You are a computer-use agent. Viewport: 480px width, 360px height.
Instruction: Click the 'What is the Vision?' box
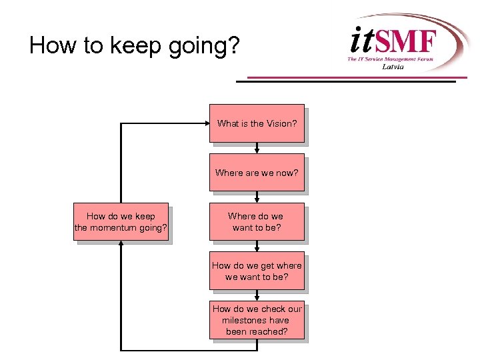pos(257,123)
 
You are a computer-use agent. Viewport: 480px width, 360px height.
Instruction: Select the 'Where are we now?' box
pos(257,173)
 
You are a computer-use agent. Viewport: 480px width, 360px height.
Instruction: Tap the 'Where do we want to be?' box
pos(257,222)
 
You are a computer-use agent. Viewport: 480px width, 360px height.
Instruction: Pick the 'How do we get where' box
pos(257,271)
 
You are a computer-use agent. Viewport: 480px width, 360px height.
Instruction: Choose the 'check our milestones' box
pos(257,320)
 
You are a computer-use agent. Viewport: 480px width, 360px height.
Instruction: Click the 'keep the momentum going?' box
pos(121,222)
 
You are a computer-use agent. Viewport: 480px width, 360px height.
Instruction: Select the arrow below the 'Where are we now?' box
pos(257,197)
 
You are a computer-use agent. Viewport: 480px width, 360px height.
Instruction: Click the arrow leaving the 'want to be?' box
pos(257,247)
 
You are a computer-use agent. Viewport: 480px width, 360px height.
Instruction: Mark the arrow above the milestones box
pos(257,296)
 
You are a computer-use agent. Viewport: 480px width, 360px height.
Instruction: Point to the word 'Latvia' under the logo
pos(393,67)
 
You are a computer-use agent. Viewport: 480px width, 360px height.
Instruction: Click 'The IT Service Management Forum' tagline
pos(390,59)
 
